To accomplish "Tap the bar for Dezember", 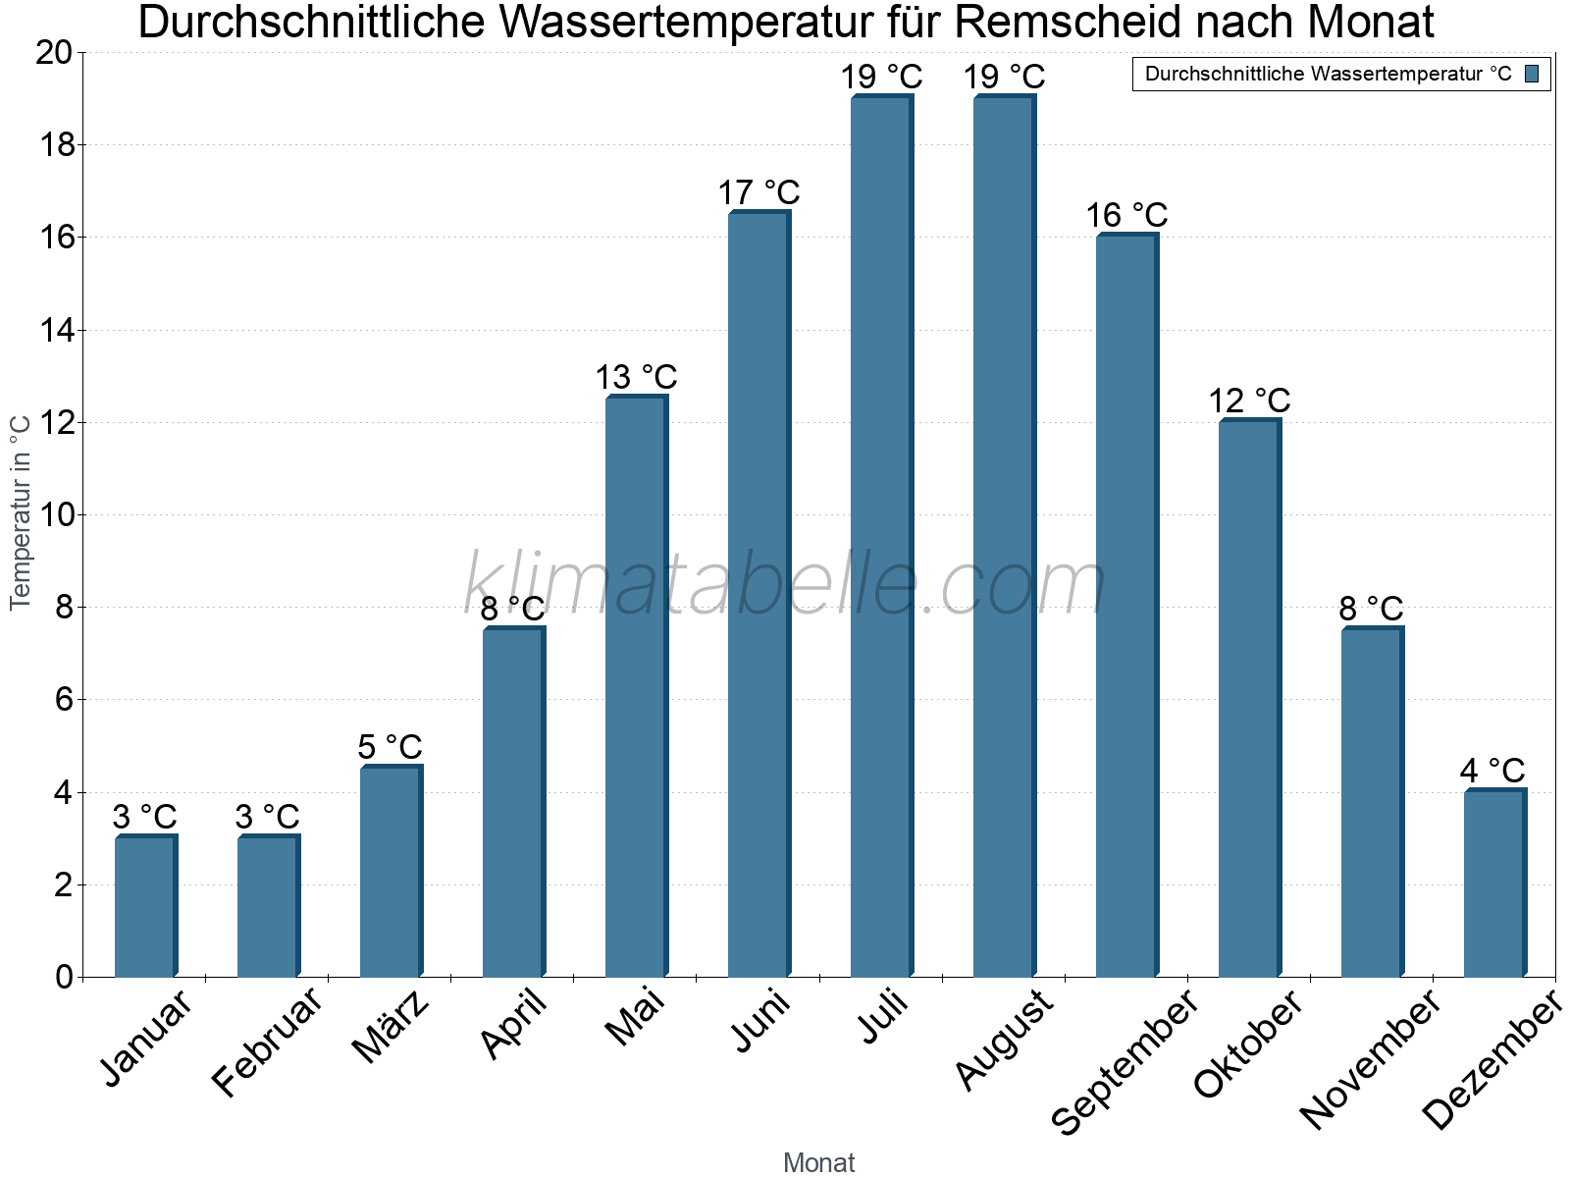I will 1494,883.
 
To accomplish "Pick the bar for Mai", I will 636,686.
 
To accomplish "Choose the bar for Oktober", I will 1249,698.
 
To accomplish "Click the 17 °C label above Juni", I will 759,192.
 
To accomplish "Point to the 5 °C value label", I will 390,747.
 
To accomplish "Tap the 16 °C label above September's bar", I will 1126,215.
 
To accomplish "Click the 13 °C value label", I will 636,377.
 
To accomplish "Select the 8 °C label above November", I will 1371,609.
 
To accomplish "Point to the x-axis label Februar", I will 266,1041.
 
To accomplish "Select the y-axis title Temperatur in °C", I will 21,511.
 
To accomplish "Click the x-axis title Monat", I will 818,1162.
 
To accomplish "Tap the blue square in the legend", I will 1532,74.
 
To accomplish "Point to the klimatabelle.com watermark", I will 785,584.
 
